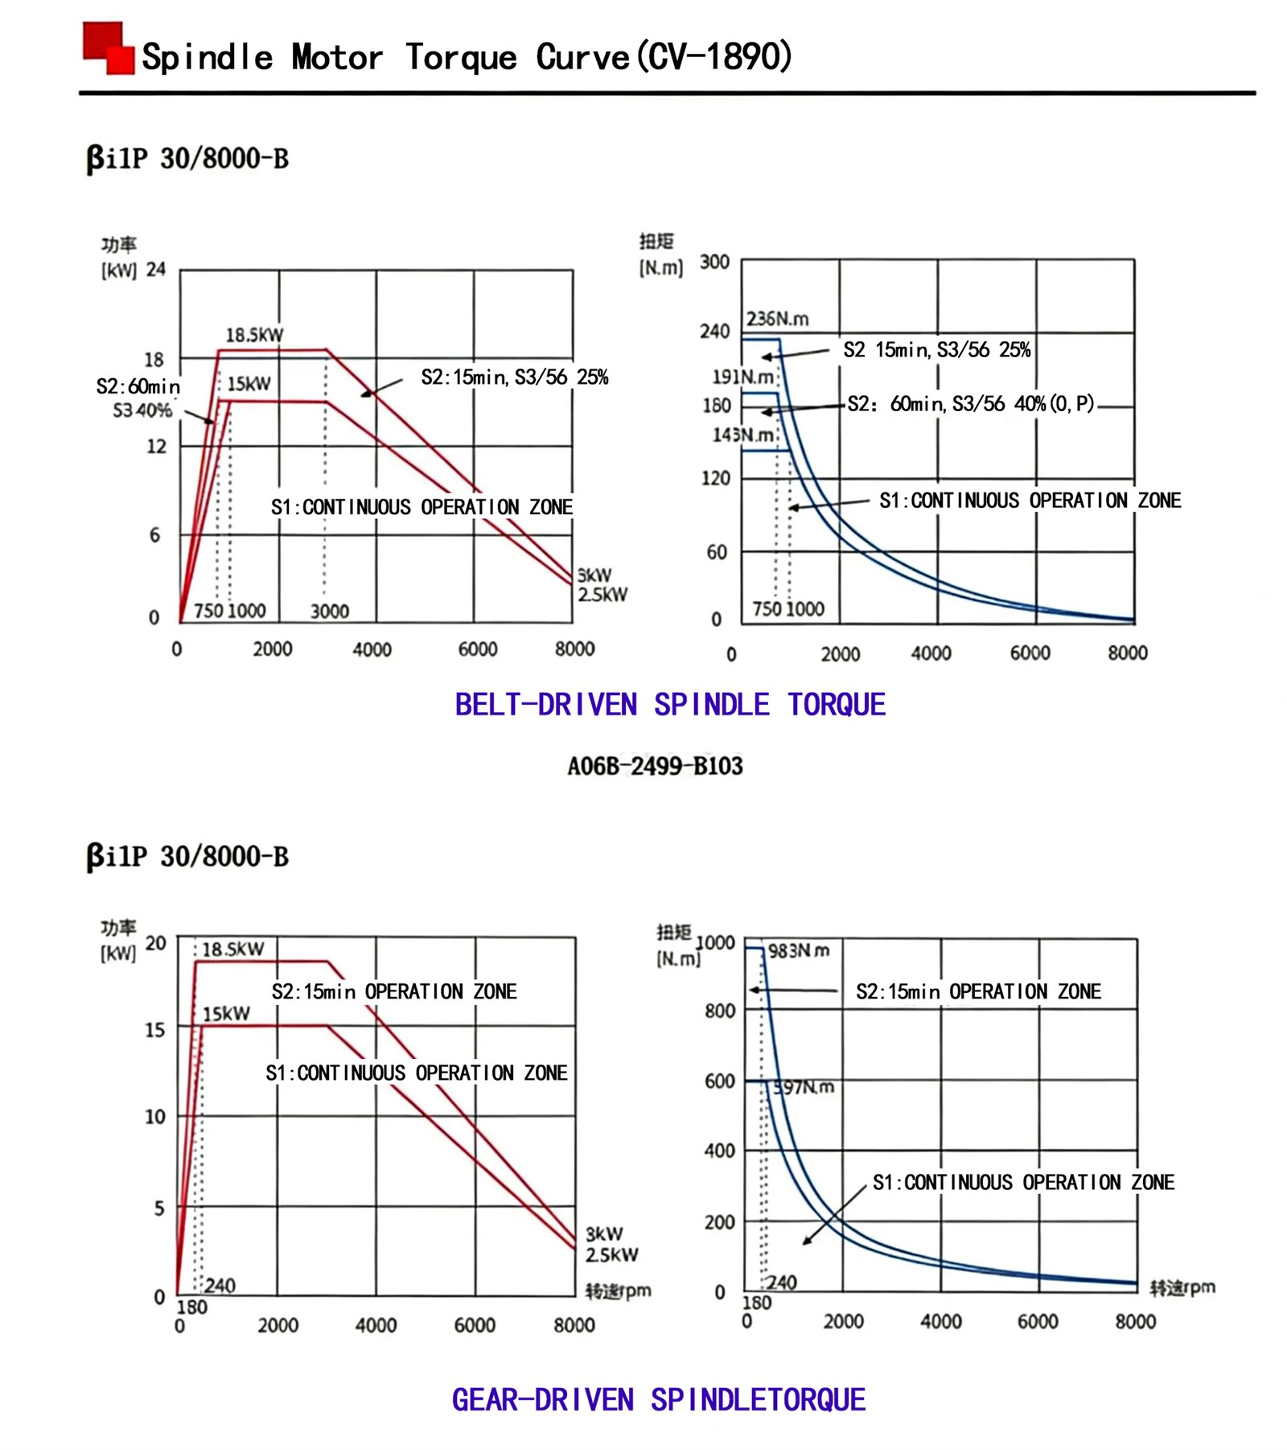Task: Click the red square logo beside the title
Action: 109,48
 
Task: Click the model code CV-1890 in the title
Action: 714,57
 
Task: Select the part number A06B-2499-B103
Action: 655,765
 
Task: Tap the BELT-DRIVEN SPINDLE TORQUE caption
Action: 669,705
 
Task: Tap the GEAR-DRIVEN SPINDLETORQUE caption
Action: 658,1400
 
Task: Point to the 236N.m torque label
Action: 777,319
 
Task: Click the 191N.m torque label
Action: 742,377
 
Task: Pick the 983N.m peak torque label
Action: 798,951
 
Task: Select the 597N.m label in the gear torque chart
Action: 804,1088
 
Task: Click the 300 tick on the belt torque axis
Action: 714,262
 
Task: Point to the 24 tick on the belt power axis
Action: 156,270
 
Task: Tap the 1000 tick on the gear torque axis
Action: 715,942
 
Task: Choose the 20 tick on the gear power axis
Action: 156,943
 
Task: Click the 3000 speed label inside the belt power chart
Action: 330,612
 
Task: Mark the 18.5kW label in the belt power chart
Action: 254,335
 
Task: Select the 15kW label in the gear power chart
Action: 226,1014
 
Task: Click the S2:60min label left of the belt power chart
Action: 138,387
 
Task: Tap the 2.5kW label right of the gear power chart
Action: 611,1254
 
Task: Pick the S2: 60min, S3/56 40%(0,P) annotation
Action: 971,404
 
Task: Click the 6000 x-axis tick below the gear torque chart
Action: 1038,1322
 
